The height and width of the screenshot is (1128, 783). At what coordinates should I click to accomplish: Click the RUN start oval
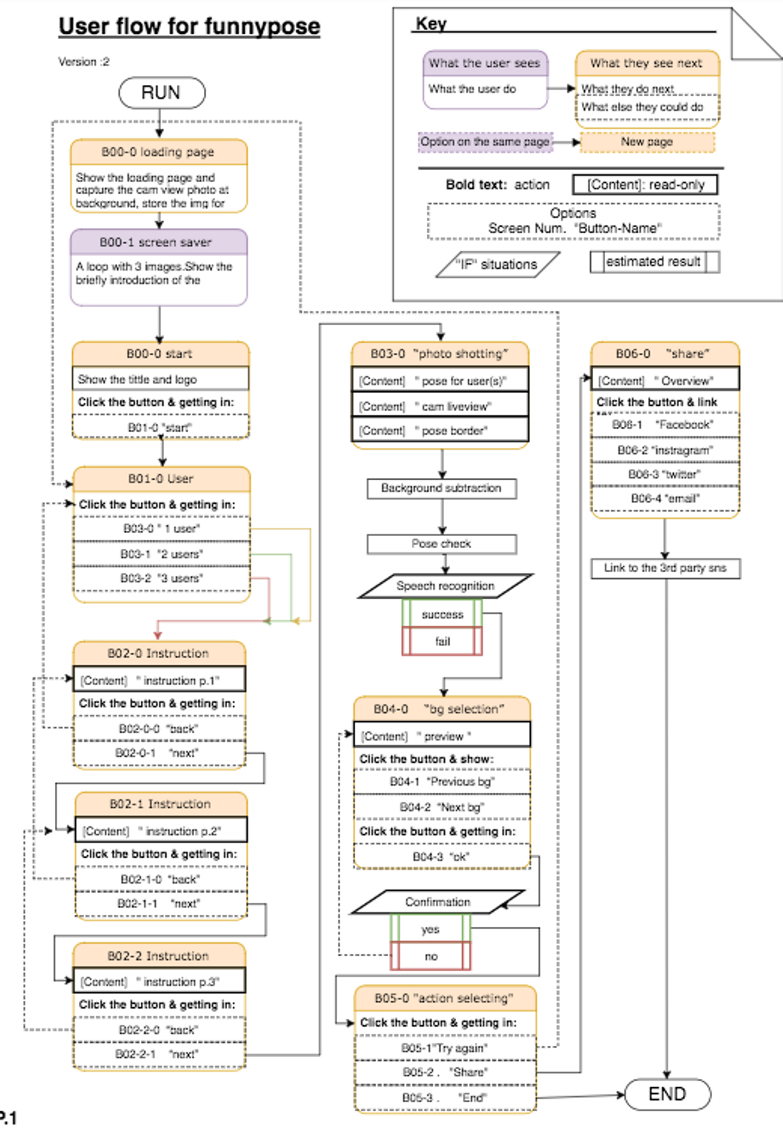[161, 92]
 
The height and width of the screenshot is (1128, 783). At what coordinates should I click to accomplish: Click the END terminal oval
[668, 1094]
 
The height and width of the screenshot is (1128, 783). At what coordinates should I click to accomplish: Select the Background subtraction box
[442, 488]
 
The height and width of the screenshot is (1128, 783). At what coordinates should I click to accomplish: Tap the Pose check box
[442, 544]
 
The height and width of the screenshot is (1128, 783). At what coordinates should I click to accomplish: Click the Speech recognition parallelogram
[445, 586]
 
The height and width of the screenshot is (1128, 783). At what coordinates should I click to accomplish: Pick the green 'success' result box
[442, 614]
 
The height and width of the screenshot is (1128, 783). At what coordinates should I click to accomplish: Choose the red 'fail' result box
[442, 641]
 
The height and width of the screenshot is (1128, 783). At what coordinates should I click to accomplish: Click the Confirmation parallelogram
[438, 902]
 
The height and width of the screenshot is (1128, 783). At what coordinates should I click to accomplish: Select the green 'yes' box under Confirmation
[430, 929]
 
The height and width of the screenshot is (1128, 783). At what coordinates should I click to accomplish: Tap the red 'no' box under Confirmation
[430, 956]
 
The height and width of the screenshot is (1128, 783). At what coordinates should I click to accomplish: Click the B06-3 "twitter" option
[665, 474]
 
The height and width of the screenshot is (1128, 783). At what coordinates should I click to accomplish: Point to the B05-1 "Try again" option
[445, 1048]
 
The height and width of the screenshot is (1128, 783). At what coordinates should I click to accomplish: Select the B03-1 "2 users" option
[161, 554]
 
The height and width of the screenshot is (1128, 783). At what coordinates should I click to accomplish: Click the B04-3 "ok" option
[441, 857]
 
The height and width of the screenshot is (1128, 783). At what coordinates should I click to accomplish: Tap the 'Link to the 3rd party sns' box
[666, 568]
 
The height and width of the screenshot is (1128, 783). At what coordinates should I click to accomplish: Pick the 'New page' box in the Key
[647, 142]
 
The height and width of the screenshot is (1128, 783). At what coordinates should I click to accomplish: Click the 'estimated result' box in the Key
[655, 262]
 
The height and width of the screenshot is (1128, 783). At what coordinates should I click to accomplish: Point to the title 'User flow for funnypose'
[189, 26]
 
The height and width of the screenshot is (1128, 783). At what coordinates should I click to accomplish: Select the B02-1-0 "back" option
[161, 879]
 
